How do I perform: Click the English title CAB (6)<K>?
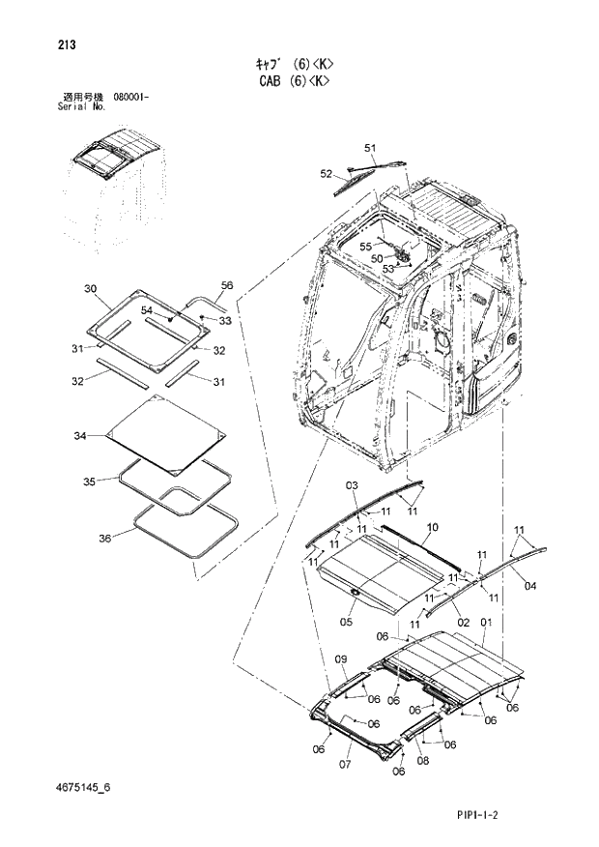[299, 82]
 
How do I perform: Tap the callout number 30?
[90, 289]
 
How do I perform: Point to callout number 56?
[227, 285]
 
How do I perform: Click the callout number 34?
[80, 437]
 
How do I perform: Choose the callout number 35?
[88, 481]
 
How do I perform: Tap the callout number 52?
[327, 173]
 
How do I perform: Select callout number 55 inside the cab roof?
[366, 247]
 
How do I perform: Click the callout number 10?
[432, 527]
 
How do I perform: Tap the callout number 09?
[340, 659]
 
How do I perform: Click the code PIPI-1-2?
[477, 816]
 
